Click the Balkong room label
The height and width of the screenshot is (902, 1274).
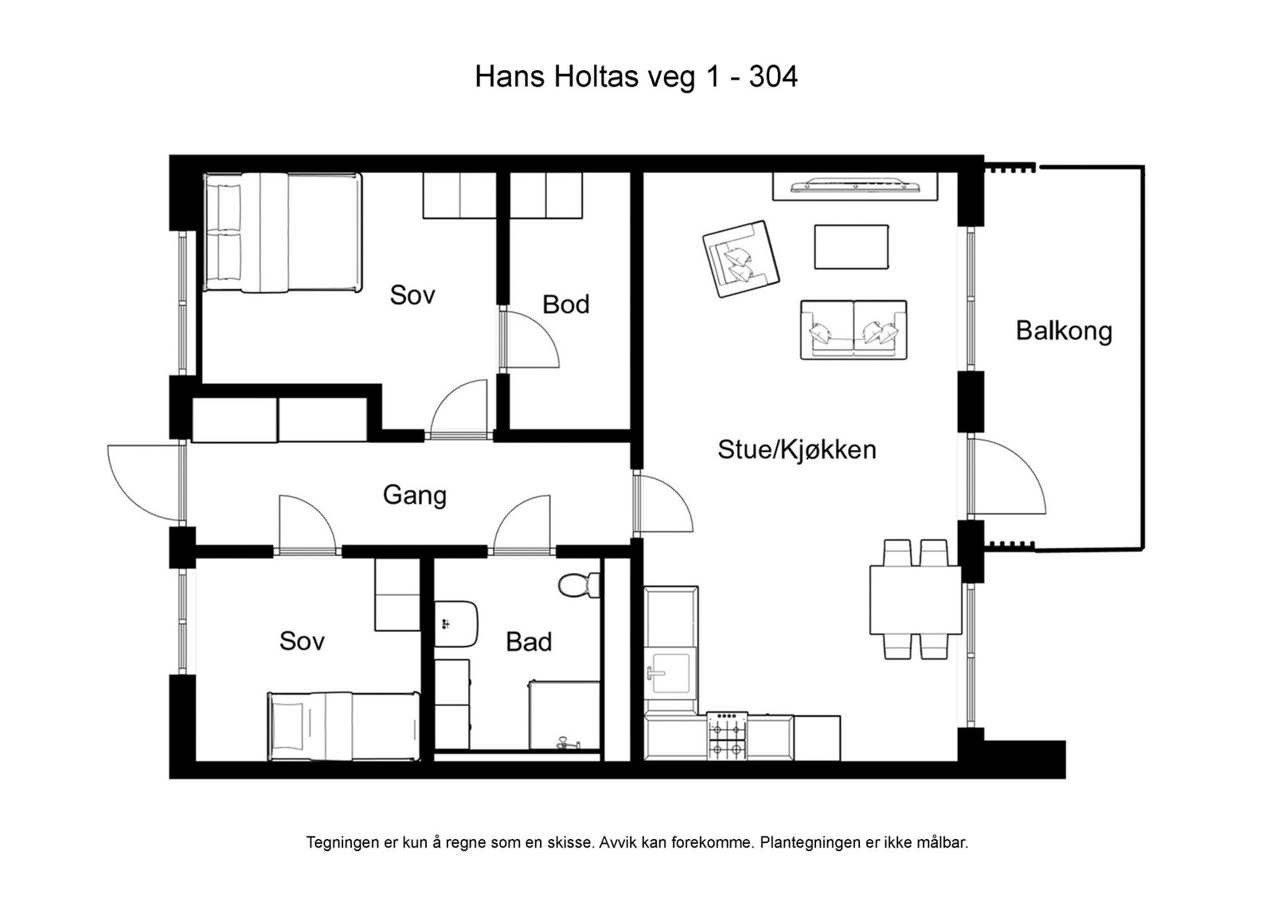coord(1063,331)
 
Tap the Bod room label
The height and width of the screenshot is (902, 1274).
coord(565,304)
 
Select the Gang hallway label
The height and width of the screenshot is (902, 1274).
coord(414,495)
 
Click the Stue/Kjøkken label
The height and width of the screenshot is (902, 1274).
coord(796,449)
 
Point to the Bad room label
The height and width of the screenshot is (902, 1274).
coord(529,641)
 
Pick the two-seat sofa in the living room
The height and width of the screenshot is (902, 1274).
coord(853,329)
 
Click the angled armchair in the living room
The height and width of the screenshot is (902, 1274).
coord(741,259)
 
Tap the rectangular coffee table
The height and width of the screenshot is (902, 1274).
coord(851,247)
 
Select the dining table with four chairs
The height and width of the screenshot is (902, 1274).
coord(915,600)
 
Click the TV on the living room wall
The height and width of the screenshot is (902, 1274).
coord(854,186)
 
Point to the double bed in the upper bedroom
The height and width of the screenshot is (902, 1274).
coord(283,232)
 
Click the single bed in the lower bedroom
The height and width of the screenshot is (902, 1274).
coord(342,725)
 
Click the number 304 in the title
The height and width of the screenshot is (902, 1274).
coord(772,76)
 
